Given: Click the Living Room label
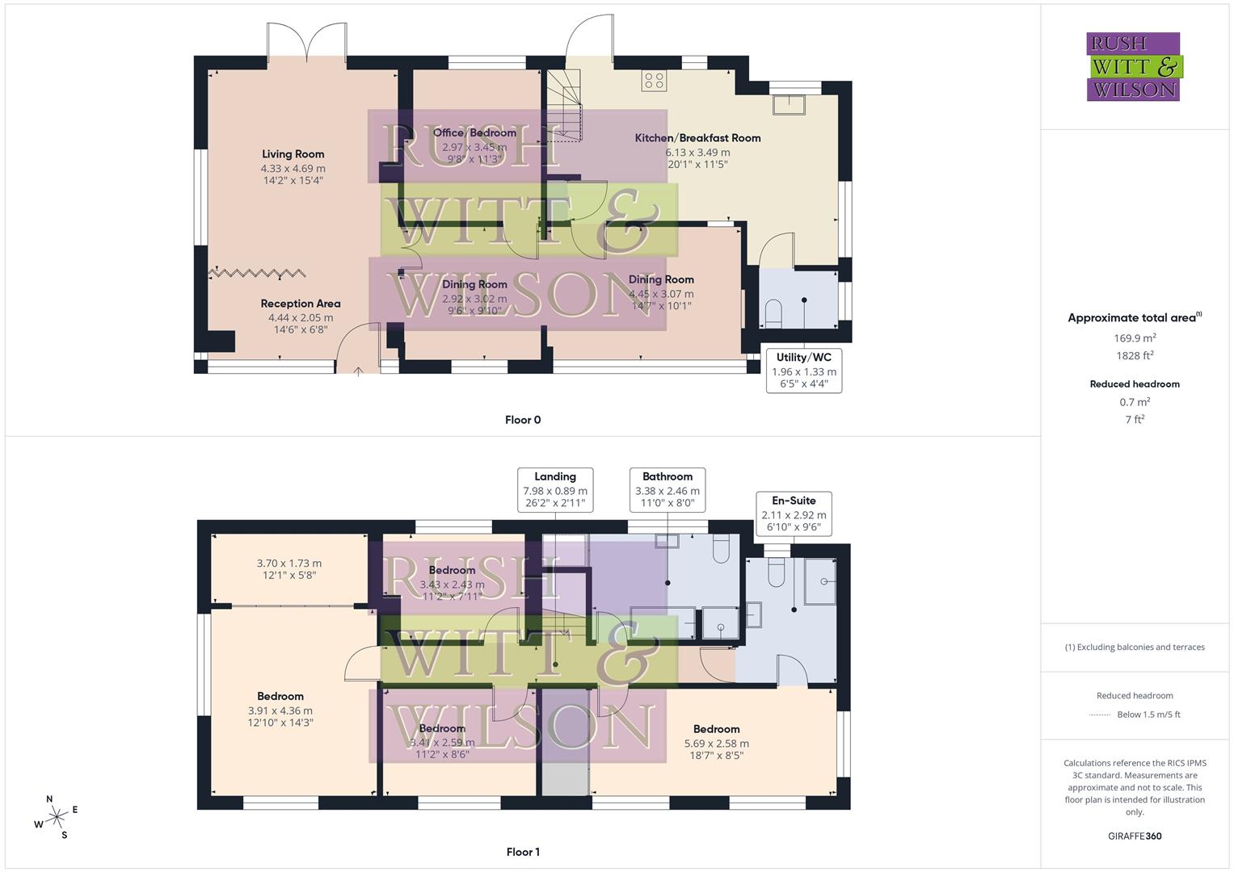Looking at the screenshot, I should coord(293,154).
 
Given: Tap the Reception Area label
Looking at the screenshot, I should coord(301,304).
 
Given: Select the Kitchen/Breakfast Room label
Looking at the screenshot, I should coord(697,138).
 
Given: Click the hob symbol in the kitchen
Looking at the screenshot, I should coord(654,80).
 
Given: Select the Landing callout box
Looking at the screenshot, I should coord(555,489).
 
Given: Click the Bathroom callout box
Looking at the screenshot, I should coord(668,489).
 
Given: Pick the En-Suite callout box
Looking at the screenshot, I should coord(794,514).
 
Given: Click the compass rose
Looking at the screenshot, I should coord(57,817).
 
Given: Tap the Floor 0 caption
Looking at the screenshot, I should coord(523,420).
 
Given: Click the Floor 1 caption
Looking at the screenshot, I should coord(523,852).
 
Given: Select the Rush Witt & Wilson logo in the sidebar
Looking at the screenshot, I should coord(1134,67).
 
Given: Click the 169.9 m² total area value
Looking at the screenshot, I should coord(1135,338).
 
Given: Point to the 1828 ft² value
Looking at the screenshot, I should coord(1135,355).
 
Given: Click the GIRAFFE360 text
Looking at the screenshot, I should coord(1135,836).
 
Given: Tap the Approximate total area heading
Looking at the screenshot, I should coord(1135,318).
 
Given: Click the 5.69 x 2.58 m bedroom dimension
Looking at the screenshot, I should coord(716,744).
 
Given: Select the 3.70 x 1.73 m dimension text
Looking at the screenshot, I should coord(289,564).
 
